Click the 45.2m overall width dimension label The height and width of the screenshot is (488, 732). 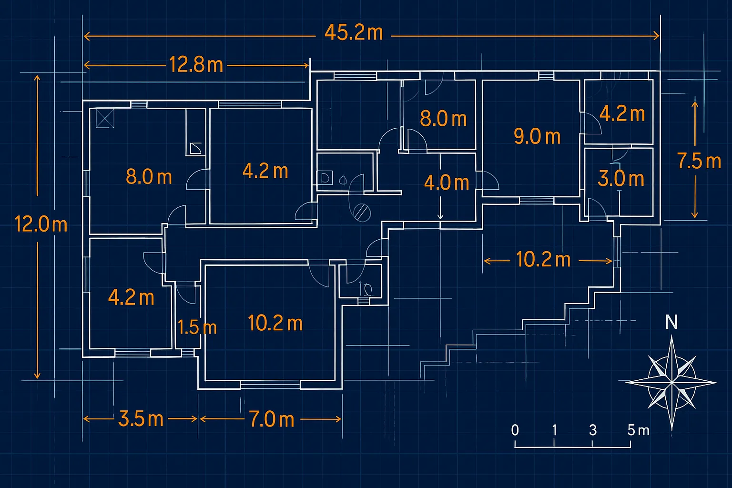coord(354,33)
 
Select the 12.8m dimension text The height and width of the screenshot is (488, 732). coord(196,64)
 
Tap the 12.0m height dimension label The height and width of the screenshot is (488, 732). coord(41,224)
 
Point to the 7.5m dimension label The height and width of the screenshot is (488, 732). coord(699,161)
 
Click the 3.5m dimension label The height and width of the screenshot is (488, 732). coord(141,419)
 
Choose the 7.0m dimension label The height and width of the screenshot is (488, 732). coord(272,419)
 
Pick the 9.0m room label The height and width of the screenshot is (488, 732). coord(537,136)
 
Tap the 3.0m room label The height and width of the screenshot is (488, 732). coord(621,179)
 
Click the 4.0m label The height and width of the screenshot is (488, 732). coord(447,183)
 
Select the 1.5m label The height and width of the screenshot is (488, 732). coord(197,327)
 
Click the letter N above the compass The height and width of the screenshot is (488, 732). coord(671,322)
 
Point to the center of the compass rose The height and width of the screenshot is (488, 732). coord(671,383)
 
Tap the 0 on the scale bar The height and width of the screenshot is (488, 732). coord(515,430)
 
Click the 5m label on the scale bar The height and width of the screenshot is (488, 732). coord(638,430)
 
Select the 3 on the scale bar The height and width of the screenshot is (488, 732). coord(593,430)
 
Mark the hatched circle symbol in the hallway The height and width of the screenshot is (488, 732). coord(362,213)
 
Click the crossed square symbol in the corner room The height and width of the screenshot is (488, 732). coord(105,118)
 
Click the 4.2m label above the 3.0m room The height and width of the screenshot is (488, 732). coord(622,114)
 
